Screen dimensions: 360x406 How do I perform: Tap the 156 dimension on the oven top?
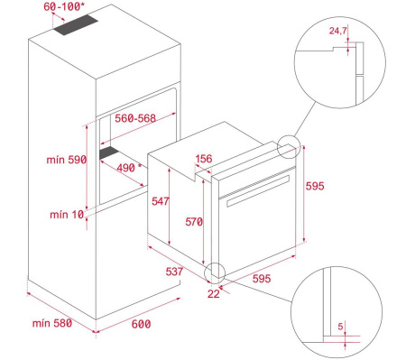(x=205, y=160)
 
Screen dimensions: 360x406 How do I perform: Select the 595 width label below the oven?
(x=262, y=280)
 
